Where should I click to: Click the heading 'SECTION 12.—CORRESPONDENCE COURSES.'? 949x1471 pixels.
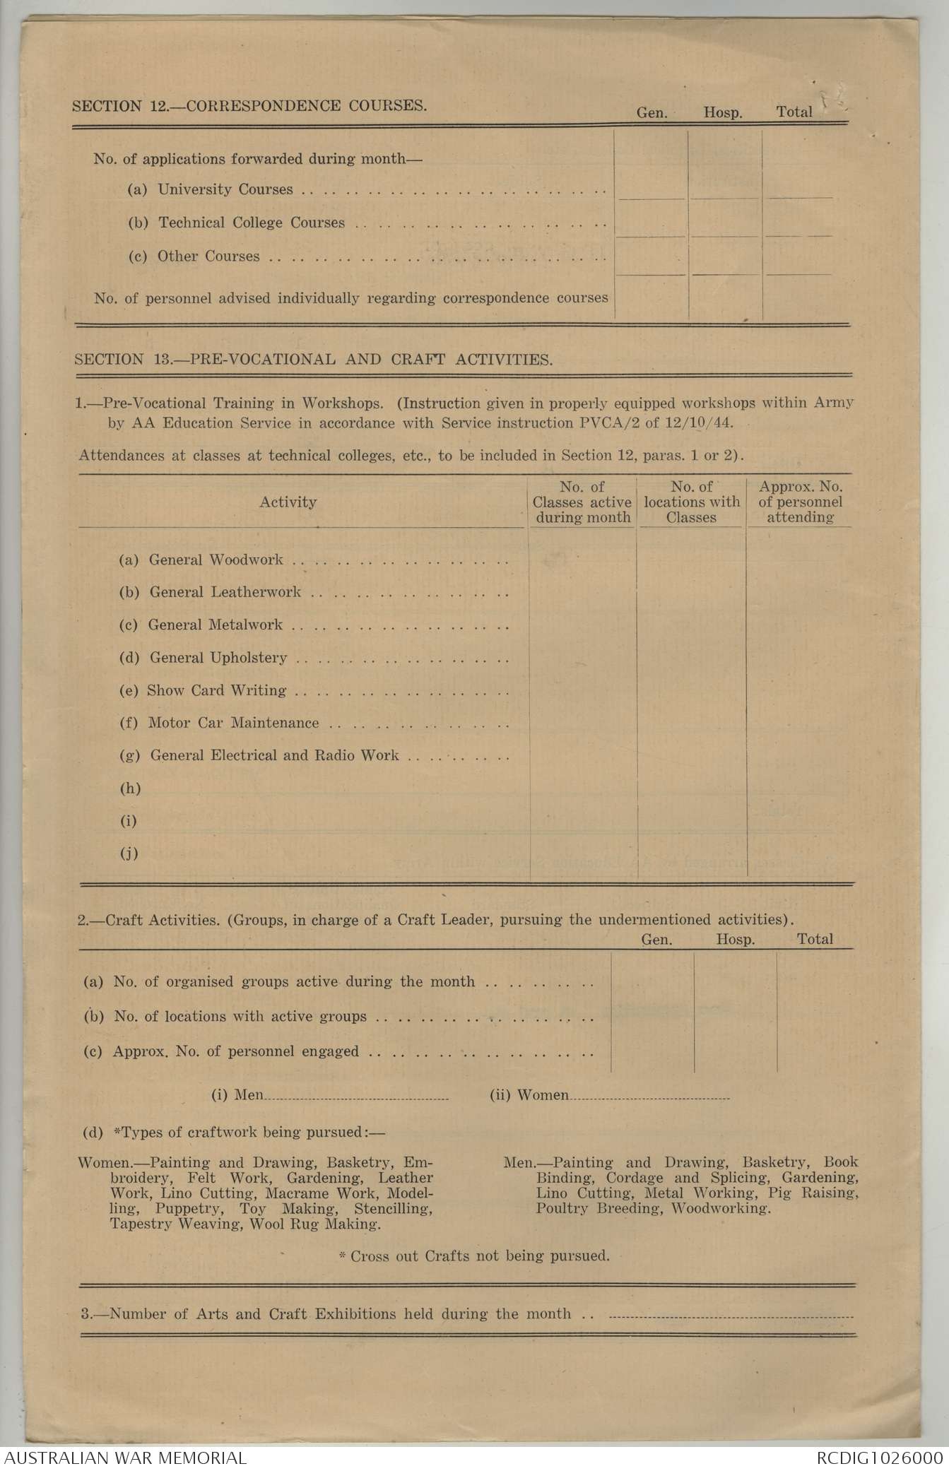pos(249,107)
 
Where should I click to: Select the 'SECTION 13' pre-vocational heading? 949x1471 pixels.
pos(313,359)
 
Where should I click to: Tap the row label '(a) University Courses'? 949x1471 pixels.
pos(210,189)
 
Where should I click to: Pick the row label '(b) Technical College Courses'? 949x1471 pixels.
pos(236,223)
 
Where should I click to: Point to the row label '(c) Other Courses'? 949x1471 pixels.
pos(194,256)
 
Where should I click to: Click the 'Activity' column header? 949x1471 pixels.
pos(288,502)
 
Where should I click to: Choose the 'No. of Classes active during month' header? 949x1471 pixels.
pos(582,502)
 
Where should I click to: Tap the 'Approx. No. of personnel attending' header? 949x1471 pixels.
pos(800,502)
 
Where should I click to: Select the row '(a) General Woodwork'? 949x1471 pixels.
pos(201,560)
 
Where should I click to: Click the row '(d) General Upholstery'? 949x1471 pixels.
pos(203,658)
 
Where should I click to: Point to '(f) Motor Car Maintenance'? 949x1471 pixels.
pos(219,723)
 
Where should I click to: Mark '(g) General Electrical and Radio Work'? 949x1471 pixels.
pos(259,755)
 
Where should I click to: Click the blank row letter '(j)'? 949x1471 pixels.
pos(129,853)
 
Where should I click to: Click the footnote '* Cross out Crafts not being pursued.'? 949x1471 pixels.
pos(474,1256)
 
